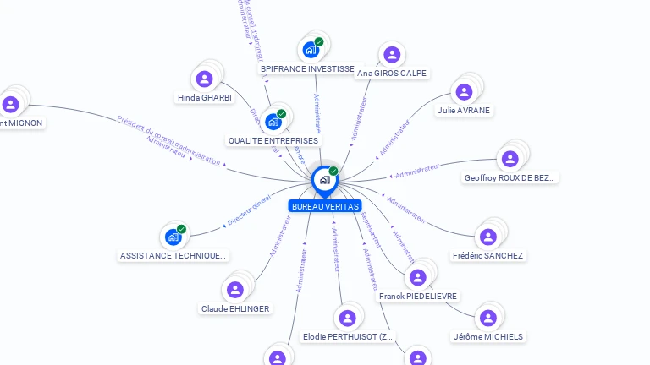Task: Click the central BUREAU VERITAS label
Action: pos(324,206)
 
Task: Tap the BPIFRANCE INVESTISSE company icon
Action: pos(311,50)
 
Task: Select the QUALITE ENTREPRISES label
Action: pos(273,140)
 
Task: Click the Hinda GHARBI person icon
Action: pos(204,79)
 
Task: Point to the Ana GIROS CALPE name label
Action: pos(392,74)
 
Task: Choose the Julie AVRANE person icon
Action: pos(464,92)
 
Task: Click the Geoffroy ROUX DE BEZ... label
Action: pos(510,178)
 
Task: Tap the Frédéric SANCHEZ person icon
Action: pos(487,237)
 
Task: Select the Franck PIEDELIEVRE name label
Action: pos(418,297)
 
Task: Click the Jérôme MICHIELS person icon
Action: pos(487,319)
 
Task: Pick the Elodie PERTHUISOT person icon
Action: pos(346,319)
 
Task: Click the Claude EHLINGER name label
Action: pos(235,309)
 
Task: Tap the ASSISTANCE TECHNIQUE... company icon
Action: pos(173,237)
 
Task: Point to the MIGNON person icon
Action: pos(10,105)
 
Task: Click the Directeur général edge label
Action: pos(249,210)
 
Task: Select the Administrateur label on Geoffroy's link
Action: pos(418,171)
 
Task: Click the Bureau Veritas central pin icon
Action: pos(323,180)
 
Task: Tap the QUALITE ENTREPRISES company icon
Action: pos(273,122)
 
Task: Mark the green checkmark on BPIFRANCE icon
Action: pos(319,41)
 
